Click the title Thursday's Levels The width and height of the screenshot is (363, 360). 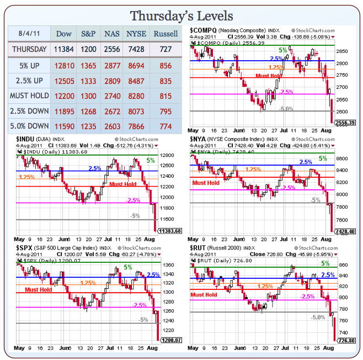point(181,15)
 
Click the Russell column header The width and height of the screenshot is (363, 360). point(166,34)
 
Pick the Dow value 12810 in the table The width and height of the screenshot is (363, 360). point(64,65)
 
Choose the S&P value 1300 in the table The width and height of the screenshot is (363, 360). point(88,96)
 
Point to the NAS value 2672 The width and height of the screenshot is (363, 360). point(112,111)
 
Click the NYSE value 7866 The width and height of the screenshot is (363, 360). point(136,126)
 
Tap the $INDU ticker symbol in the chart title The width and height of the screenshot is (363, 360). point(25,139)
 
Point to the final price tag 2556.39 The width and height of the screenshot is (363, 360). point(346,123)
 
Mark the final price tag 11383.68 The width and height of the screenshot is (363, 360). point(169,231)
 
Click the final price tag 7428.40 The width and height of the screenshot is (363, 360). point(346,231)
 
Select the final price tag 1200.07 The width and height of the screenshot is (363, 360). point(169,341)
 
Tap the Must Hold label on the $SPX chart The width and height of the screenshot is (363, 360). point(39,289)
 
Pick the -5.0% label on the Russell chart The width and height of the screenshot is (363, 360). point(318,317)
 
